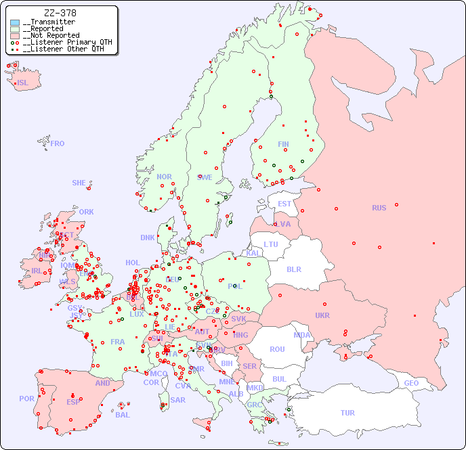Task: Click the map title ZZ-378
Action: tap(60, 13)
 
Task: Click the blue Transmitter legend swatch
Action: tap(15, 22)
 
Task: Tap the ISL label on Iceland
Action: tap(23, 83)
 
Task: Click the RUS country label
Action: tap(379, 208)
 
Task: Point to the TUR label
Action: tap(347, 413)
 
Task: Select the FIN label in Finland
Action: tap(283, 144)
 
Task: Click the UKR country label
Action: tap(322, 315)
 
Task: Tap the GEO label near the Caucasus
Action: tap(411, 383)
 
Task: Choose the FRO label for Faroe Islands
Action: tap(58, 143)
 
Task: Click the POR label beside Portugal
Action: tap(26, 399)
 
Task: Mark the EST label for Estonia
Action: tap(284, 204)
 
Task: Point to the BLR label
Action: tap(293, 269)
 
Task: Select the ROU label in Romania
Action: tap(277, 349)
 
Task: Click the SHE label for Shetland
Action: tap(79, 183)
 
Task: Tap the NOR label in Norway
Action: tap(164, 177)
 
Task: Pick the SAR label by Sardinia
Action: tap(177, 400)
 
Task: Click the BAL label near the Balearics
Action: tap(122, 415)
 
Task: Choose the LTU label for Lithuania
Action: tap(271, 244)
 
